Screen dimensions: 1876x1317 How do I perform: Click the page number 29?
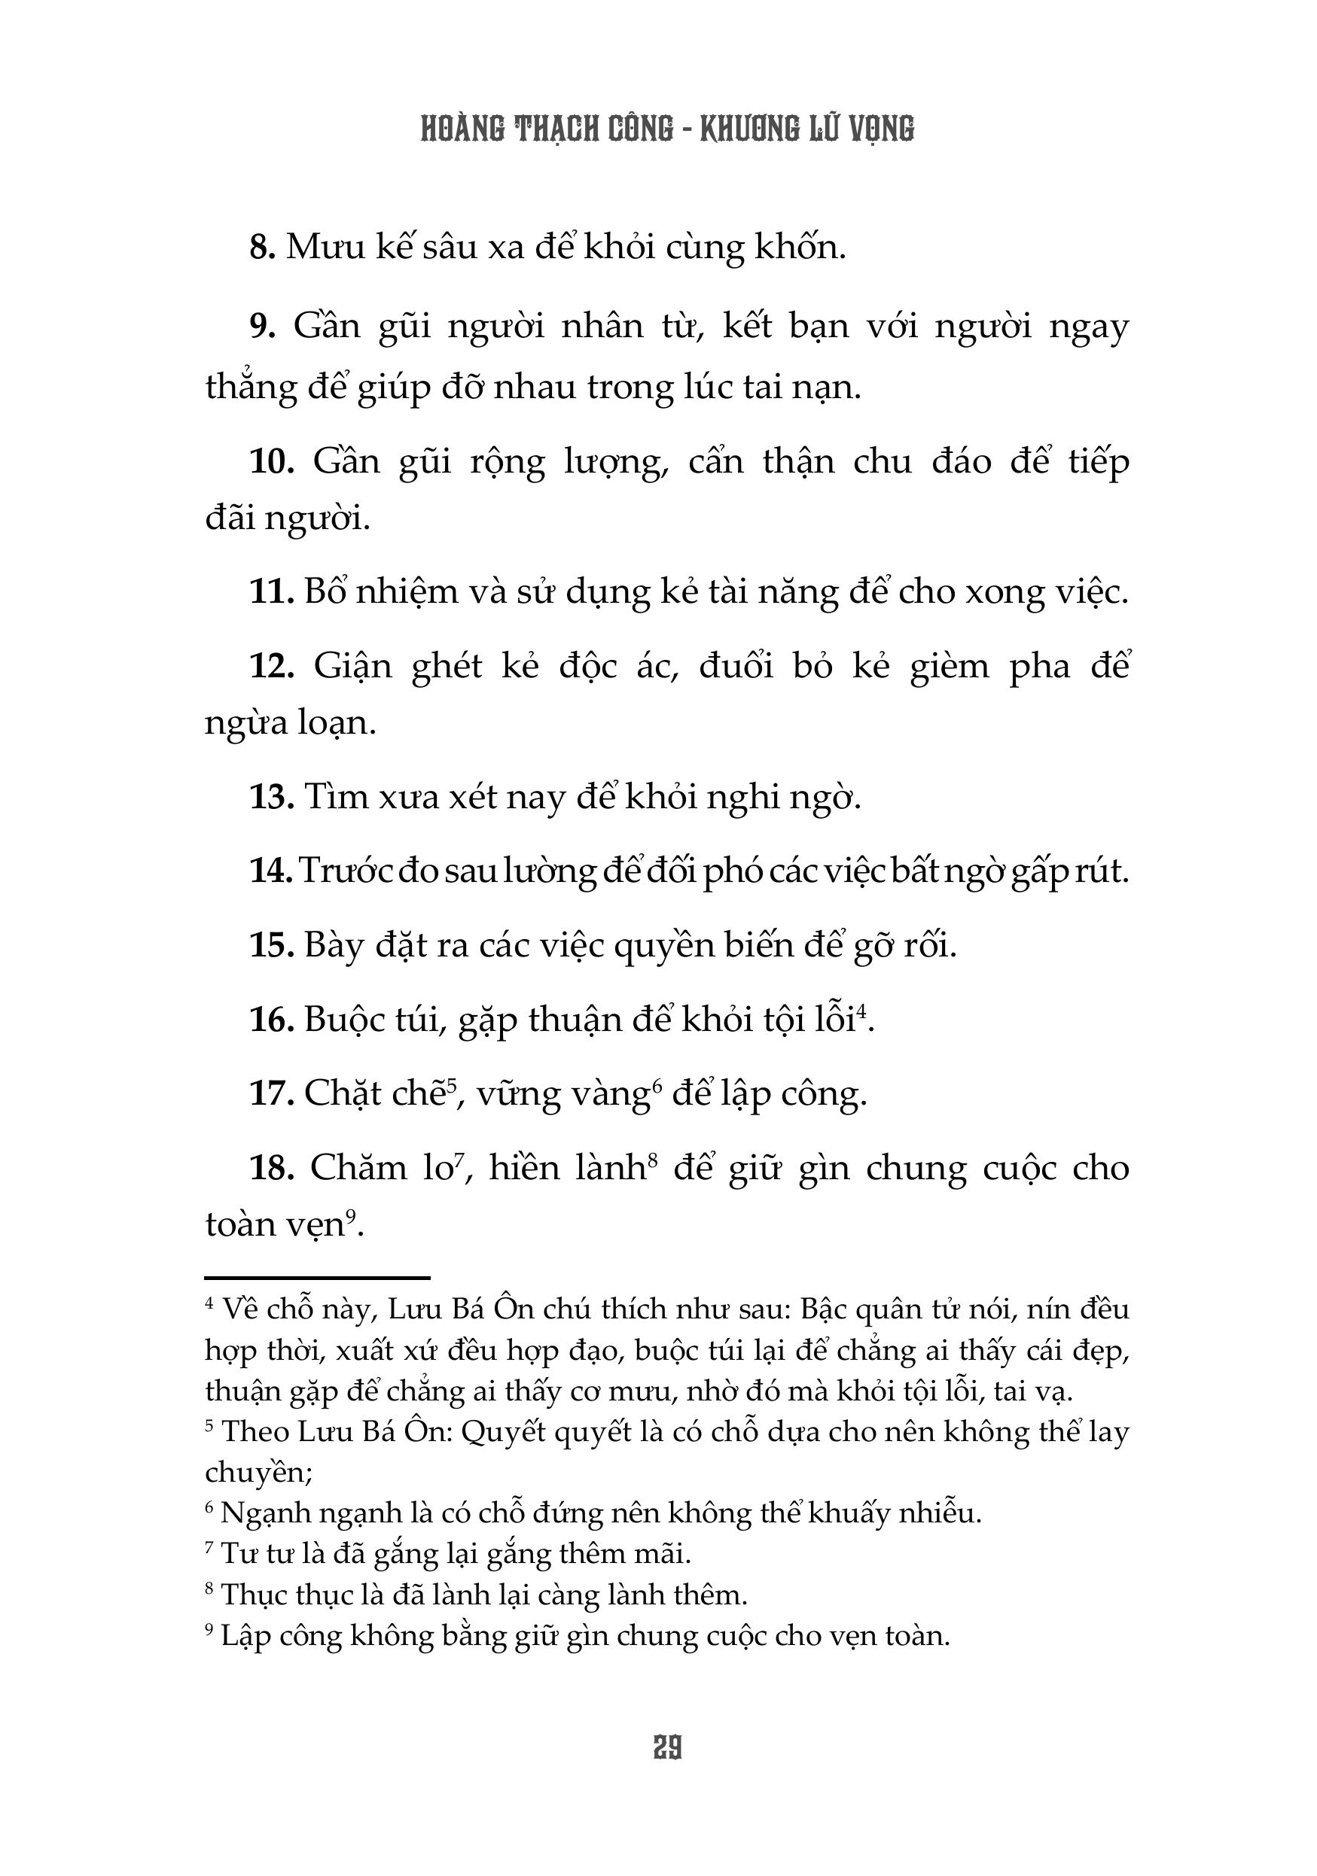(x=667, y=1749)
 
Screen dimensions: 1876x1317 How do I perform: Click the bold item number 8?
(x=261, y=248)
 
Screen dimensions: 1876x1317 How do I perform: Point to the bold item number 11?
(x=270, y=591)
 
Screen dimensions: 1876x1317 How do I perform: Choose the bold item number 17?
(x=270, y=1093)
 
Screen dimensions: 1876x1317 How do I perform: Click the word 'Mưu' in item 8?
(x=325, y=248)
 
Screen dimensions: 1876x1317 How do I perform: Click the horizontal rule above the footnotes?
(x=317, y=1277)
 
